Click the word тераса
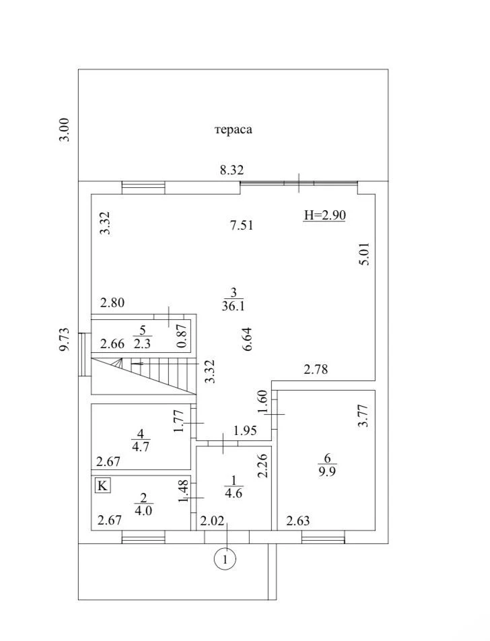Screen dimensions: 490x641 tap(234, 129)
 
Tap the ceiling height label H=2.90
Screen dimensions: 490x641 tap(325, 215)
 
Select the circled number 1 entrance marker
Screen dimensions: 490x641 tap(225, 558)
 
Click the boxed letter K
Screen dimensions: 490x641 tap(102, 485)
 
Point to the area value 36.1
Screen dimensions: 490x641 tap(233, 306)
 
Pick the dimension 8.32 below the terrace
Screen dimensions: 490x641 tap(232, 170)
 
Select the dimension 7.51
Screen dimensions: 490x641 tap(242, 225)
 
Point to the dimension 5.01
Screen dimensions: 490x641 tap(364, 254)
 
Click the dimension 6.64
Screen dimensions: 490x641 tap(247, 339)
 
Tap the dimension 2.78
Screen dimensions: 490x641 tap(316, 369)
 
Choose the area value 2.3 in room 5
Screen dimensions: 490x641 tap(142, 343)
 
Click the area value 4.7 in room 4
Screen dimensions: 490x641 tap(140, 446)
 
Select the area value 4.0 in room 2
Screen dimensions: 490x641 tap(143, 510)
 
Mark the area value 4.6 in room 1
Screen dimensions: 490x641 tap(234, 493)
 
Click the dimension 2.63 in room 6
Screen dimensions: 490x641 tap(297, 521)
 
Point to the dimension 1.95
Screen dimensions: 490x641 tap(245, 430)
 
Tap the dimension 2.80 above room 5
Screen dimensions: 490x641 tap(112, 302)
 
